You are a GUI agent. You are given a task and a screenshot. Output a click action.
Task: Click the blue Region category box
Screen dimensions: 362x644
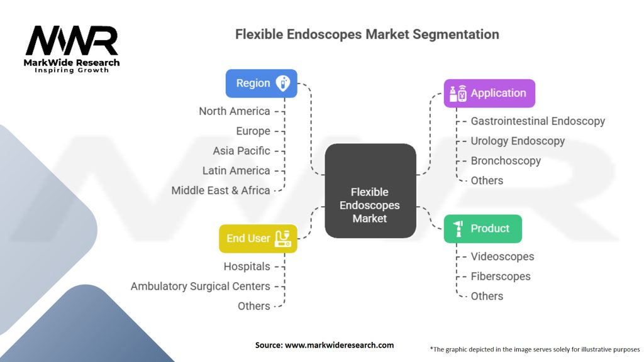[x=261, y=83]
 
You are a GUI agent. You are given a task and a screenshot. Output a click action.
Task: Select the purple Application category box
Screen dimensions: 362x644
[x=489, y=93]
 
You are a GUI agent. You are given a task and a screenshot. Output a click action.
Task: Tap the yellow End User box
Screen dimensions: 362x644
[x=257, y=238]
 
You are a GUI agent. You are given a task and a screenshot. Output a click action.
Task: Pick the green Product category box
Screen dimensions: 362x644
[x=482, y=228]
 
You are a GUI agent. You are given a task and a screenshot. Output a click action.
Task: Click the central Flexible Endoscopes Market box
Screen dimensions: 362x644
[x=370, y=191]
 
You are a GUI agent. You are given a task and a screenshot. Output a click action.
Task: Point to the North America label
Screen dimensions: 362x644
[x=234, y=111]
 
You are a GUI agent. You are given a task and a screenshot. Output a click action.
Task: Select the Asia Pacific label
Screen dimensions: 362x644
[x=241, y=151]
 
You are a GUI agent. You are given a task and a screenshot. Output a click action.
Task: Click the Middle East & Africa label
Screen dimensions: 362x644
[x=221, y=190]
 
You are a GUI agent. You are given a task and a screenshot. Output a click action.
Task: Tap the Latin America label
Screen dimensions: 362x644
[x=236, y=170]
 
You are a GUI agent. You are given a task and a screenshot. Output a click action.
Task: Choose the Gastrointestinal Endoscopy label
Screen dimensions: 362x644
[x=538, y=121]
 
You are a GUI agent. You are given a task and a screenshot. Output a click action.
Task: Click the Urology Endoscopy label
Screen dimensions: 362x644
[x=518, y=141]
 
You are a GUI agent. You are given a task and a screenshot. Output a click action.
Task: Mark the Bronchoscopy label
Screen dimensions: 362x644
[x=506, y=161]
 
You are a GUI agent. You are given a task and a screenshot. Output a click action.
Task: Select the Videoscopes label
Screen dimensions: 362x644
[x=502, y=256]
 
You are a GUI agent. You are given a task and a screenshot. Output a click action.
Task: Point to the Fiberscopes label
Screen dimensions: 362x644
[x=501, y=277]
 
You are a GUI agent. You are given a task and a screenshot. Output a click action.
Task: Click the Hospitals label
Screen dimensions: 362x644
[x=247, y=266]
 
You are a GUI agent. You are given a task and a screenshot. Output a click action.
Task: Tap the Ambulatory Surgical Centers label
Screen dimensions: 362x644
[x=200, y=286]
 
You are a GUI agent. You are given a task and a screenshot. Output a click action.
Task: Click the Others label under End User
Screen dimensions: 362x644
[x=253, y=306]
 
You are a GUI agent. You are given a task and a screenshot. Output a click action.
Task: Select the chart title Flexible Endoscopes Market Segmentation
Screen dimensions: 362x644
[x=367, y=35]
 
